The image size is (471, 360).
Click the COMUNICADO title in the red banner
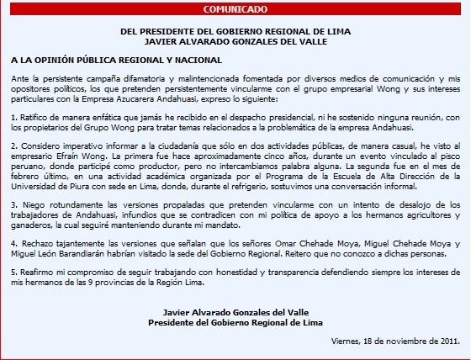click(x=235, y=10)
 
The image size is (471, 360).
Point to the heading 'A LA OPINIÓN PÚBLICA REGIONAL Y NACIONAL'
click(x=117, y=61)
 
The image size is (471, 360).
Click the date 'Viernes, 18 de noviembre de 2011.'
click(x=395, y=341)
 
